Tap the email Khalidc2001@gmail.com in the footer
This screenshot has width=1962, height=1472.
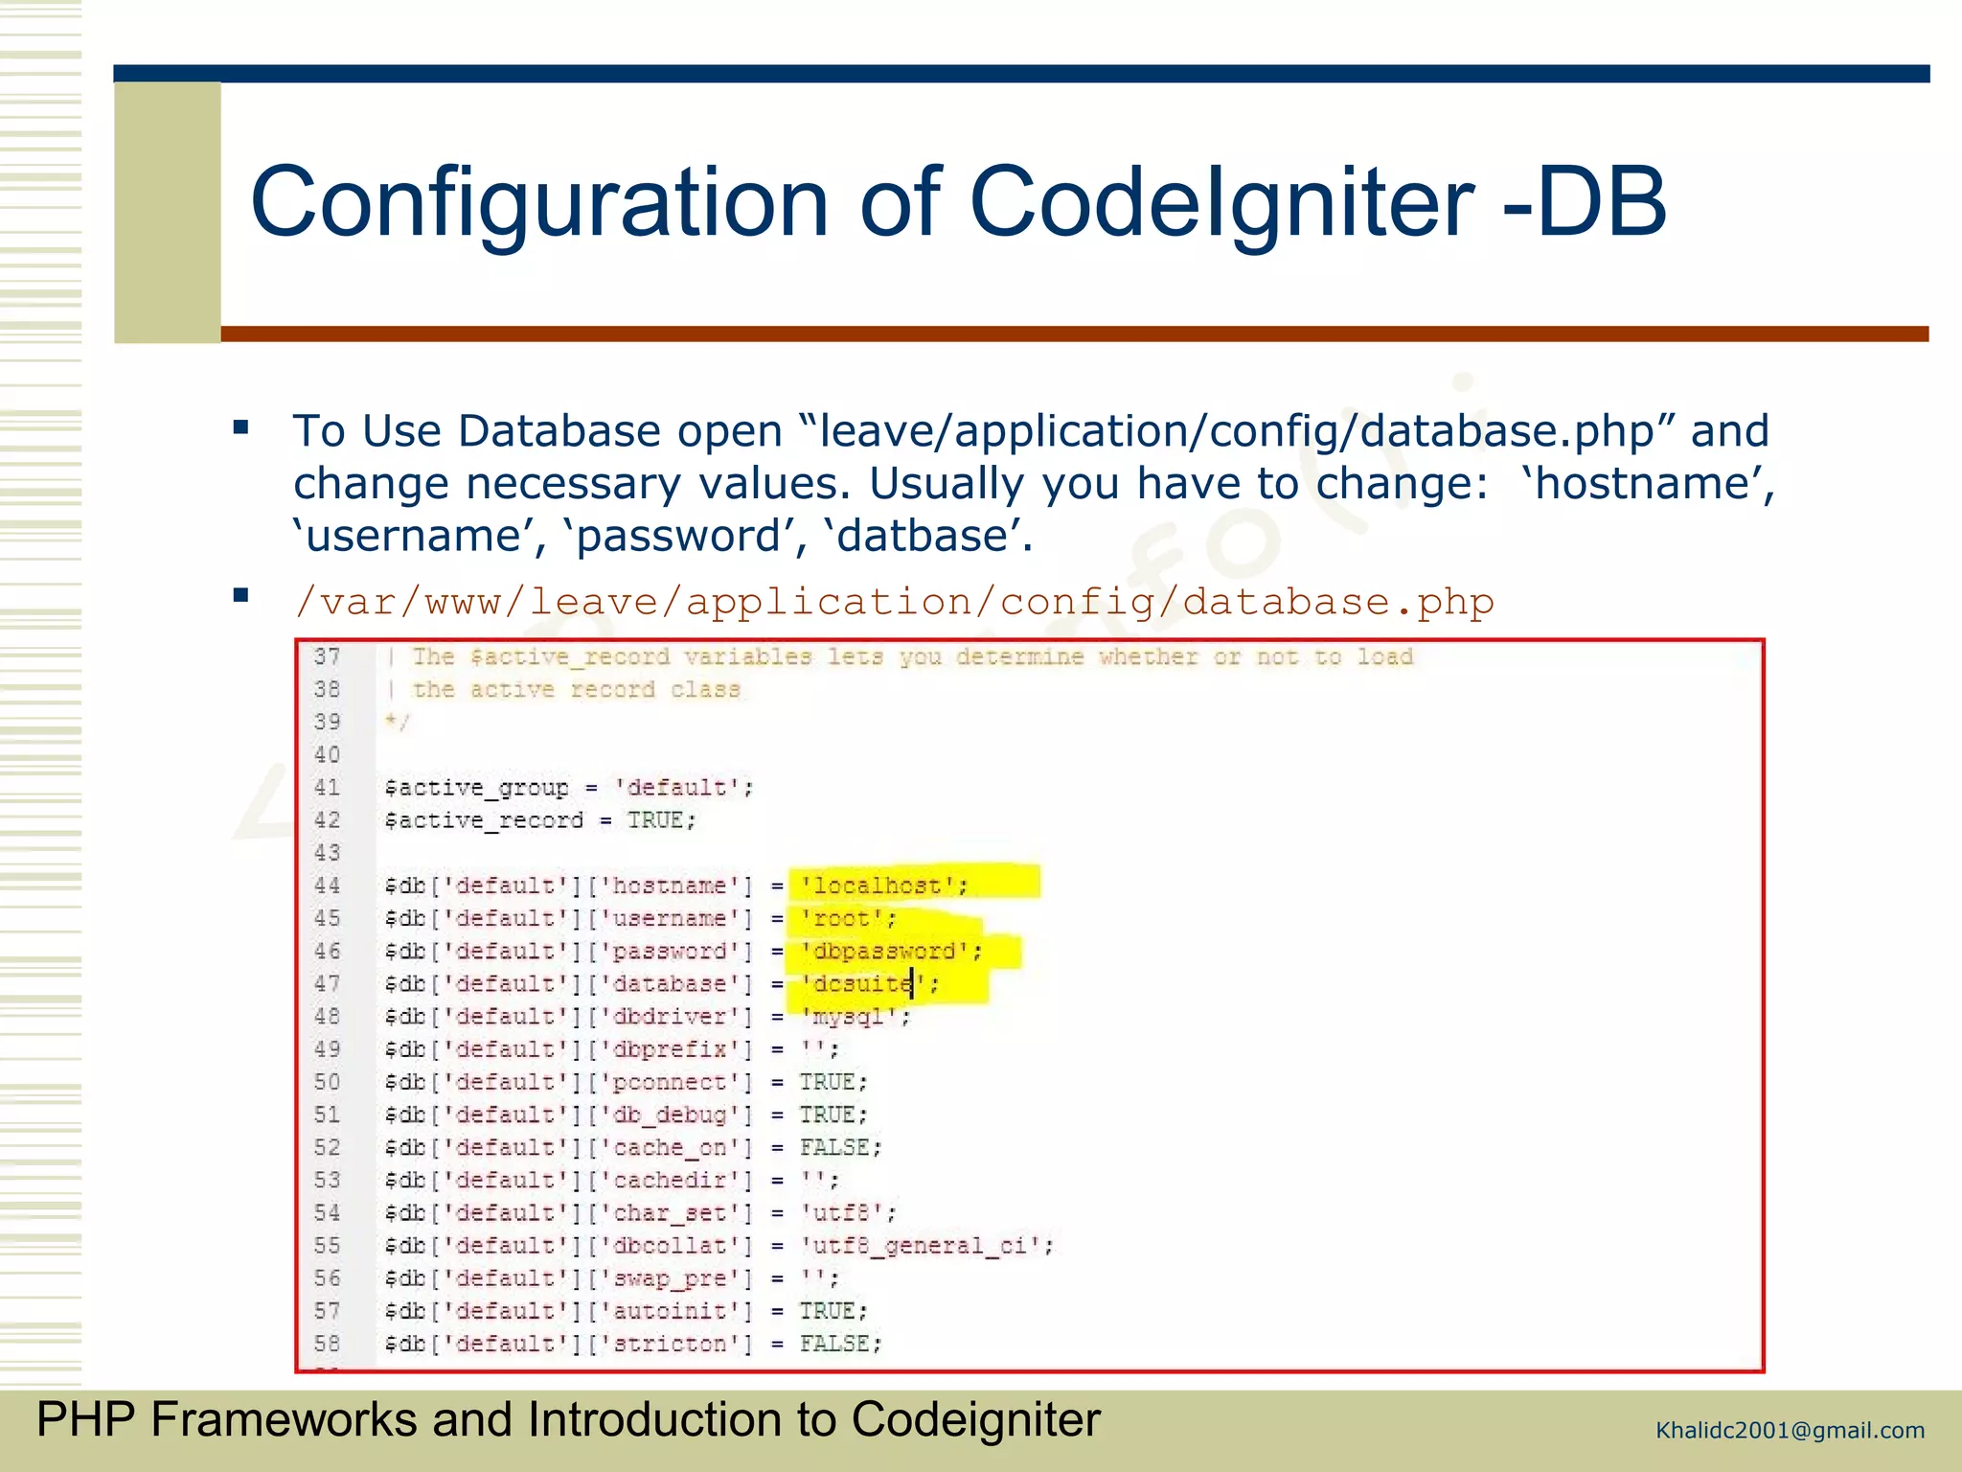tap(1790, 1431)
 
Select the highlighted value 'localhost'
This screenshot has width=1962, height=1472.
tap(877, 886)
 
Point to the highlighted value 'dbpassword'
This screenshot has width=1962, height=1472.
tap(883, 952)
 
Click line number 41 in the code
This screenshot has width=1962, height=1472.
tap(327, 788)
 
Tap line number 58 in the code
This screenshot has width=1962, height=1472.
tap(327, 1344)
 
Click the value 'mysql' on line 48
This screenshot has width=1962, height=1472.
tap(848, 1017)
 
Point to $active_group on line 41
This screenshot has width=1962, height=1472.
tap(476, 789)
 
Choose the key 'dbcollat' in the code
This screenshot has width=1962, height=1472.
tap(670, 1246)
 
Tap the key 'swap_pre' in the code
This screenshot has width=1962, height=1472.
tap(670, 1278)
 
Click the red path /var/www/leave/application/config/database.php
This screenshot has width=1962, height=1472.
tap(894, 602)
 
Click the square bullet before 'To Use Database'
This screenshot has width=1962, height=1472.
tap(241, 427)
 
